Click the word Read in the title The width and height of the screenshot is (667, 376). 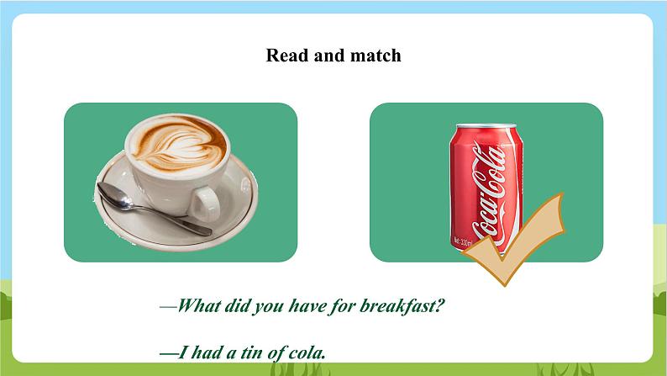coord(285,56)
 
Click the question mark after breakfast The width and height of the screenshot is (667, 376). coord(439,305)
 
